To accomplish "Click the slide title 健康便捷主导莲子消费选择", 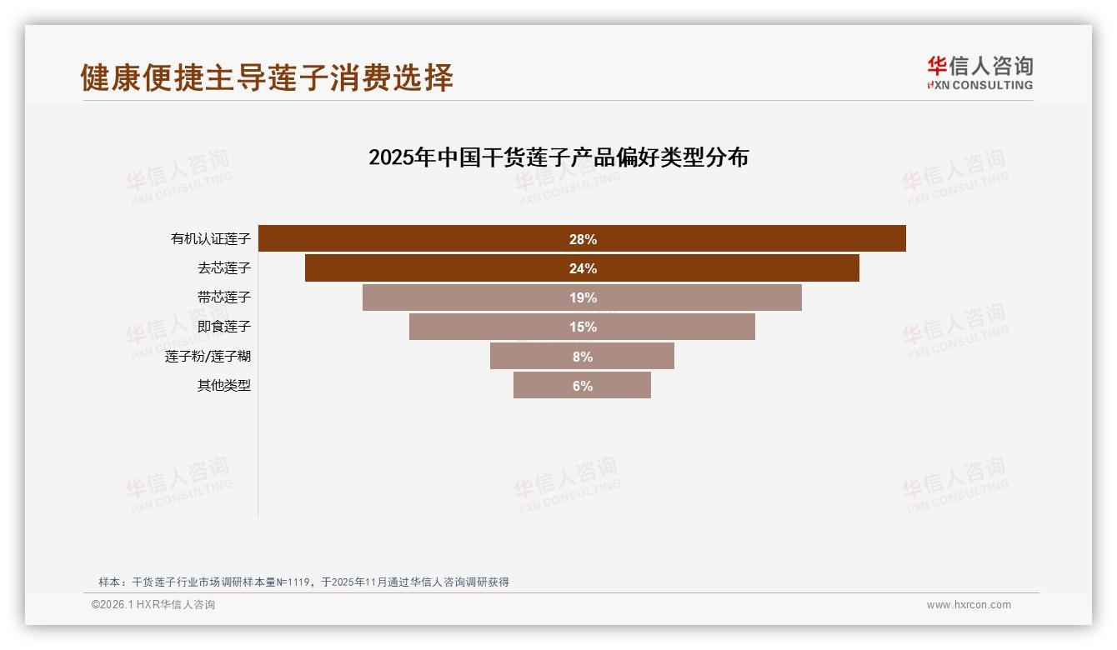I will [x=267, y=77].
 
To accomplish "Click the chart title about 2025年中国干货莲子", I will [x=558, y=157].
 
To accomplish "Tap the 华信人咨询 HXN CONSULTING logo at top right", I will [x=979, y=73].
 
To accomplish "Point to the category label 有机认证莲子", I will [x=211, y=239].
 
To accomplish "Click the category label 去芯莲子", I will [x=224, y=268].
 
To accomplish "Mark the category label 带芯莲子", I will [x=224, y=297].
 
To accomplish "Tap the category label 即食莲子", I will [x=224, y=327].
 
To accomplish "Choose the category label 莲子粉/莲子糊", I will [x=208, y=357].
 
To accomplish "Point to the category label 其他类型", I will [x=224, y=386].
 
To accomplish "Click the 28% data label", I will [x=583, y=239].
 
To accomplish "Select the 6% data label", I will [x=583, y=386].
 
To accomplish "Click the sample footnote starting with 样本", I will [x=303, y=582].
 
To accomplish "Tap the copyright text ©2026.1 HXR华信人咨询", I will [x=153, y=605].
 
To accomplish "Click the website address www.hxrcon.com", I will [x=969, y=605].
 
